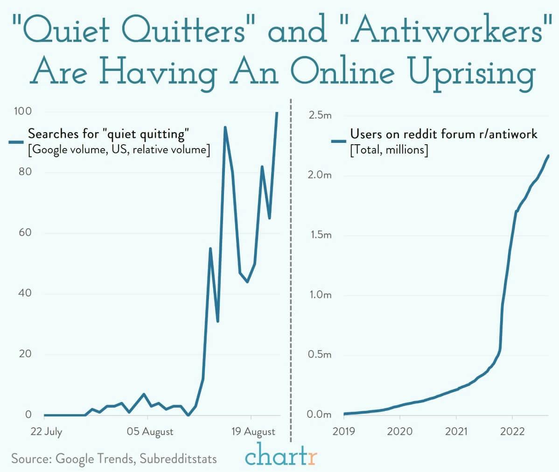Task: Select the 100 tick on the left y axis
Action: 22,111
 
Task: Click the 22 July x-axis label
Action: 46,431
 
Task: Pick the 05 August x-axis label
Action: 150,431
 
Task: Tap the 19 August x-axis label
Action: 253,431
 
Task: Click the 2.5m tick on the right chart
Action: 320,115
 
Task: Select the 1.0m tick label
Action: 320,295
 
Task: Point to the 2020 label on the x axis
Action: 399,431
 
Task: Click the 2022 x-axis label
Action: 512,431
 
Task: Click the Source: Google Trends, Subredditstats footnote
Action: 114,458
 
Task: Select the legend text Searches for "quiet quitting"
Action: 108,134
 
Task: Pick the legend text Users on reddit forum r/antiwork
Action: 443,134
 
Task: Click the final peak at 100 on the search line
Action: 277,113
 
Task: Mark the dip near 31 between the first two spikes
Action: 218,321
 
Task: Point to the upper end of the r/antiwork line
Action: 548,155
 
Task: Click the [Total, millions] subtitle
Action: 389,150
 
